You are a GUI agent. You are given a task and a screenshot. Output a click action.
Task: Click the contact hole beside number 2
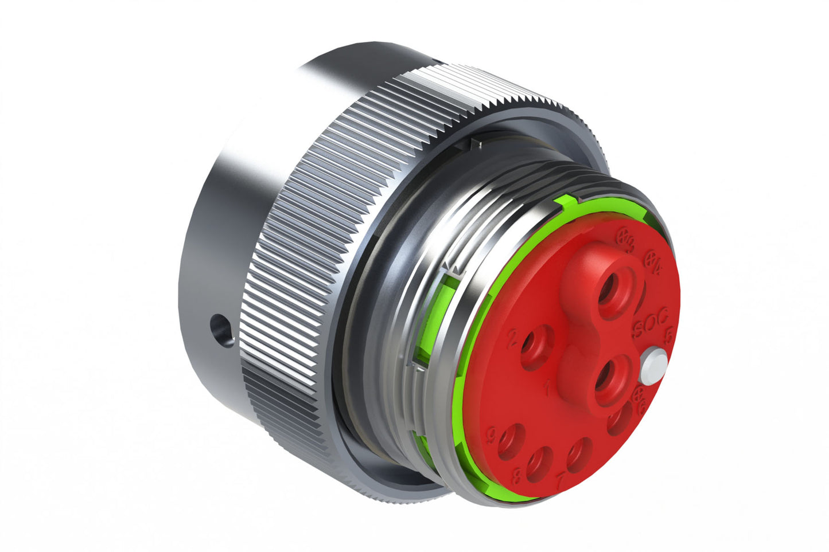pyautogui.click(x=537, y=346)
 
